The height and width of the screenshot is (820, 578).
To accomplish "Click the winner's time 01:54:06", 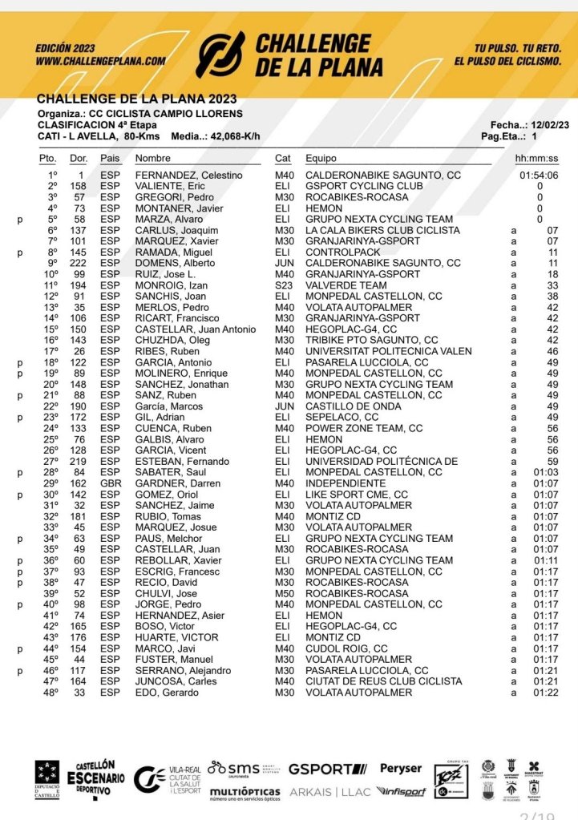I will coord(539,176).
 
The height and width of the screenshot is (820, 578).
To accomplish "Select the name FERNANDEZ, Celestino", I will coord(188,176).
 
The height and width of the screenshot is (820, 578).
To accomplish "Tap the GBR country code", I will coord(109,484).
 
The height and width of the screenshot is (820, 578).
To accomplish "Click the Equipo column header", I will coord(321,159).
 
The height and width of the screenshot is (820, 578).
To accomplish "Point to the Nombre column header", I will coord(153,159).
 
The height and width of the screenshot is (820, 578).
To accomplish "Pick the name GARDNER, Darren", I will coord(176,484).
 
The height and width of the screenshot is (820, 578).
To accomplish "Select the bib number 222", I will coord(77,263).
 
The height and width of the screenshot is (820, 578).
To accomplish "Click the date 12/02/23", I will coord(551,125).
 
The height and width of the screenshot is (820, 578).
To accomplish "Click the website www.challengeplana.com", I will coord(100,60).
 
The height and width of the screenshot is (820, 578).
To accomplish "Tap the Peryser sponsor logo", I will coord(400,769).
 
